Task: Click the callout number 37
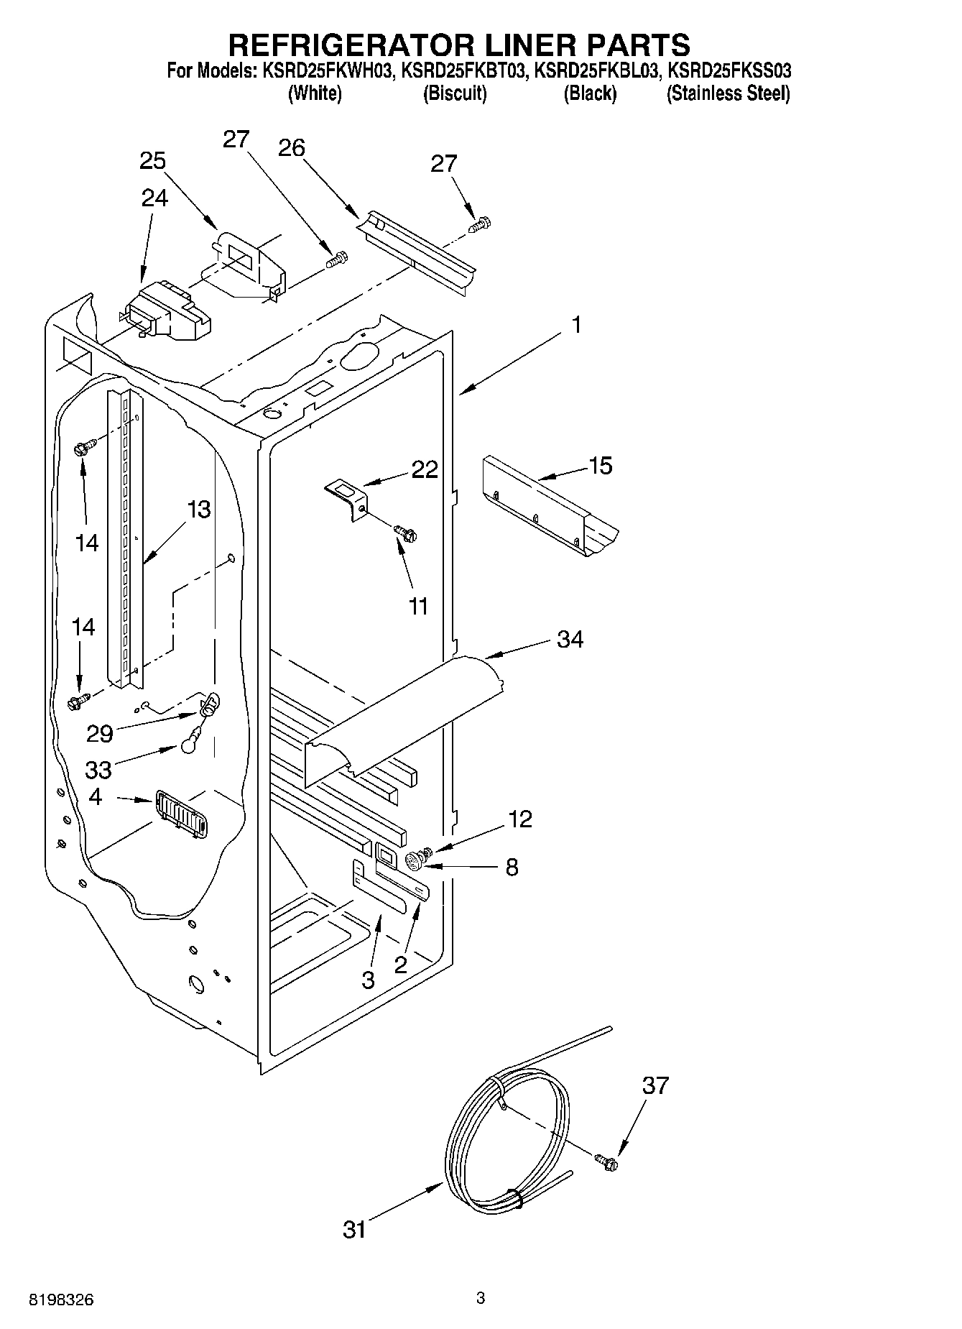pyautogui.click(x=655, y=1085)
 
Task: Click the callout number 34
pyautogui.click(x=570, y=638)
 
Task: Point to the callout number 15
pyautogui.click(x=600, y=466)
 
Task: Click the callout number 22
pyautogui.click(x=425, y=469)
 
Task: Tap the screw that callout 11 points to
pyautogui.click(x=406, y=533)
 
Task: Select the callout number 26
pyautogui.click(x=292, y=148)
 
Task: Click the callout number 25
pyautogui.click(x=152, y=161)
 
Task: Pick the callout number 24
pyautogui.click(x=154, y=198)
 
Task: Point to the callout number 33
pyautogui.click(x=98, y=770)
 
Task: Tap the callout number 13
pyautogui.click(x=198, y=510)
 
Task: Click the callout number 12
pyautogui.click(x=520, y=819)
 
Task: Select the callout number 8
pyautogui.click(x=512, y=867)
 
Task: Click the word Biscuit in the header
pyautogui.click(x=455, y=93)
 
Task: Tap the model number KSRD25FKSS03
pyautogui.click(x=730, y=71)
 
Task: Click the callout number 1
pyautogui.click(x=576, y=325)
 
